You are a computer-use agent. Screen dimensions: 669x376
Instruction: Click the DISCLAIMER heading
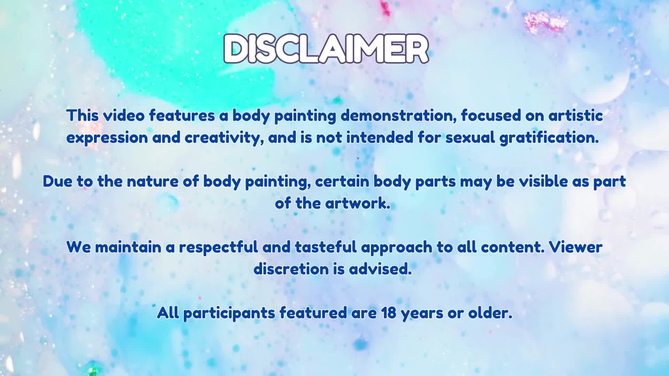click(x=326, y=49)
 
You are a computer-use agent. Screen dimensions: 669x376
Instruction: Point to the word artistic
click(x=576, y=116)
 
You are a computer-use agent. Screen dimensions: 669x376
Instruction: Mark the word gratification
click(x=549, y=138)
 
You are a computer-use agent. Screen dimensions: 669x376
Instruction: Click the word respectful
click(x=218, y=248)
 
